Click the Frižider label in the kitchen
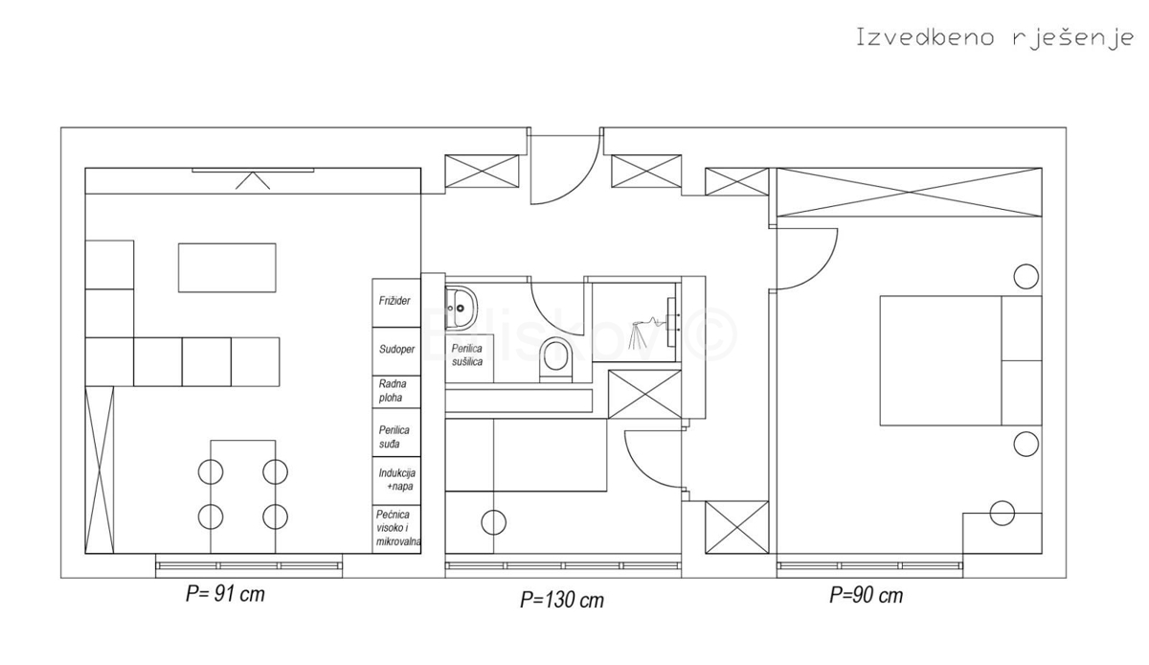pyautogui.click(x=394, y=301)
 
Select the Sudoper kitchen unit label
pyautogui.click(x=396, y=349)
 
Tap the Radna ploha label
pyautogui.click(x=393, y=391)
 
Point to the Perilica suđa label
pyautogui.click(x=394, y=437)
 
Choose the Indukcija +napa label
pyautogui.click(x=397, y=480)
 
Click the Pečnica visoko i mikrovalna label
pyautogui.click(x=398, y=528)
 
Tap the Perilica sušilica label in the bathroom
pyautogui.click(x=467, y=355)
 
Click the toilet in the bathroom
pyautogui.click(x=555, y=359)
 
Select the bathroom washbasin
pyautogui.click(x=461, y=308)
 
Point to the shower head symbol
pyautogui.click(x=647, y=327)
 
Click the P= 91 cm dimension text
pyautogui.click(x=225, y=594)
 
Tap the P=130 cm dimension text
pyautogui.click(x=562, y=600)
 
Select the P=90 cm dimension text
pyautogui.click(x=867, y=595)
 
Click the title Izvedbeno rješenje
pyautogui.click(x=995, y=38)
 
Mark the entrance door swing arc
pyautogui.click(x=581, y=184)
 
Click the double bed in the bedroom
pyautogui.click(x=960, y=360)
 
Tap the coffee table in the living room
pyautogui.click(x=227, y=267)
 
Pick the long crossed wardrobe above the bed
pyautogui.click(x=909, y=192)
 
